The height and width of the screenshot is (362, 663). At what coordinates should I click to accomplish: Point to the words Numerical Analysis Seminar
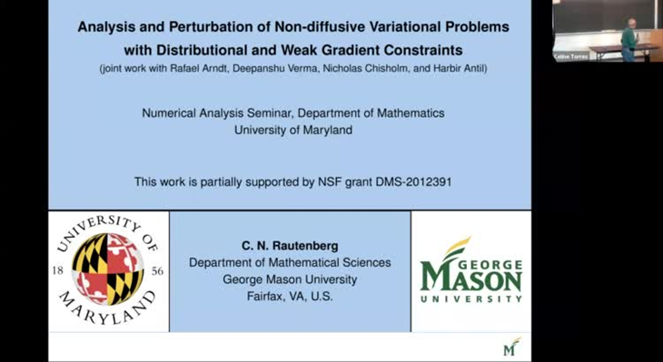pos(210,113)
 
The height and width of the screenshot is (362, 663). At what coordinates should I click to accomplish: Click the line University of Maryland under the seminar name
pos(292,130)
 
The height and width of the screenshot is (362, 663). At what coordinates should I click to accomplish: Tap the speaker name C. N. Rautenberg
pos(290,246)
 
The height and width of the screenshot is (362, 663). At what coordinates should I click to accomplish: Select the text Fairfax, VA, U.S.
pos(290,296)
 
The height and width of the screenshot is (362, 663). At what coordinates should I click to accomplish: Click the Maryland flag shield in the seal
pos(108,269)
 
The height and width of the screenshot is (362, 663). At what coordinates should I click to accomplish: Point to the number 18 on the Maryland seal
pos(57,270)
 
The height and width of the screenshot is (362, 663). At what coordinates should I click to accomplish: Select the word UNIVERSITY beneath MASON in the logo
pos(470,298)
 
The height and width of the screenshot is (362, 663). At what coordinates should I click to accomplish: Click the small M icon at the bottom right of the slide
pos(511,347)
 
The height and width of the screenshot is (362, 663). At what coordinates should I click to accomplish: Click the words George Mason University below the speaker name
pos(290,279)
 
